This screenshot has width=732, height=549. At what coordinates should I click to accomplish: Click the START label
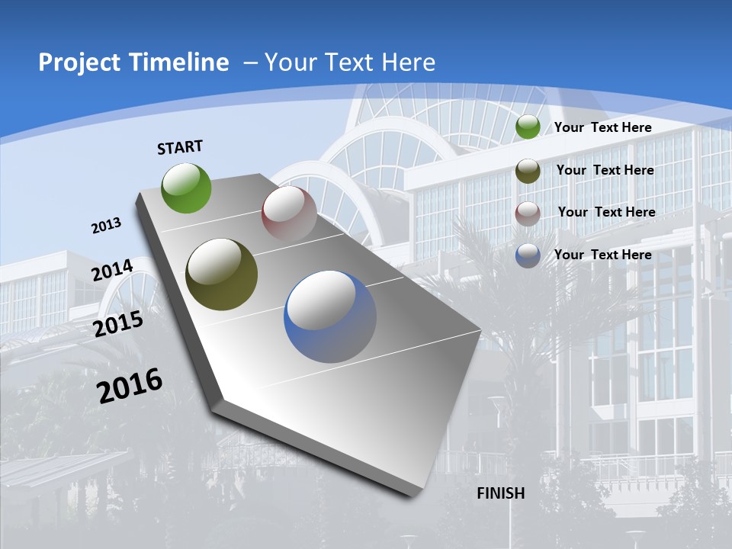(x=180, y=147)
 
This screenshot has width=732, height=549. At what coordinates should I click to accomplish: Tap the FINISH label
(x=501, y=493)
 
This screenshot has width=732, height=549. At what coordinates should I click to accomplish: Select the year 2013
(x=106, y=226)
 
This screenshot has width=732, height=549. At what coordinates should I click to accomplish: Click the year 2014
(x=113, y=271)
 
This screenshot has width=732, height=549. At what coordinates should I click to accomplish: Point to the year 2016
(x=130, y=386)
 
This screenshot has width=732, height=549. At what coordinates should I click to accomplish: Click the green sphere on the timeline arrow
(x=186, y=188)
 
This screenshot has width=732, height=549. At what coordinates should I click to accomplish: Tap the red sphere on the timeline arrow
(x=289, y=213)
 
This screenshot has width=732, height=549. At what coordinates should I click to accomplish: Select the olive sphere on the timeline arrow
(x=222, y=274)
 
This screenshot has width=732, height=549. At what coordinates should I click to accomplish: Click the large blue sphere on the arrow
(x=330, y=316)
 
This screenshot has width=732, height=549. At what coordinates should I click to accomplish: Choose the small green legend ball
(x=528, y=127)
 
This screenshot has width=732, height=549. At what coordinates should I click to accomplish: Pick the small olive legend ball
(x=528, y=171)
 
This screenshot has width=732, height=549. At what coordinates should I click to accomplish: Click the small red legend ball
(x=528, y=213)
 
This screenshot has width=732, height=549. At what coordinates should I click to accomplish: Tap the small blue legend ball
(x=528, y=255)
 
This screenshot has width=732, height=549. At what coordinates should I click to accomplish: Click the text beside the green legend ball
(x=602, y=127)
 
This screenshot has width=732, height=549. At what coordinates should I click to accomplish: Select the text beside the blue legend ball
(x=602, y=255)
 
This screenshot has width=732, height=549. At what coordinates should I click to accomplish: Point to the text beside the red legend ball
(x=606, y=212)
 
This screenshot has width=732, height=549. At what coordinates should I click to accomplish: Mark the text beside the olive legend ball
(x=605, y=170)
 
